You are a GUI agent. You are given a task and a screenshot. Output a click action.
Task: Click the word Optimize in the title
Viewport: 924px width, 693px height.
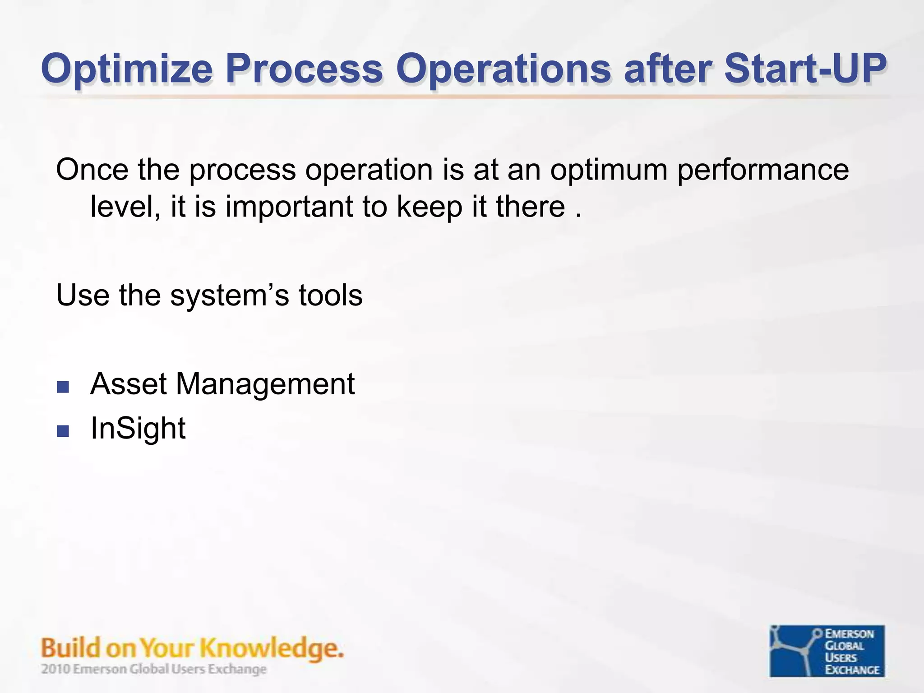[126, 69]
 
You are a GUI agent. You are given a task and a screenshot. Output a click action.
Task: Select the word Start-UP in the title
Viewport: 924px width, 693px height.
[805, 69]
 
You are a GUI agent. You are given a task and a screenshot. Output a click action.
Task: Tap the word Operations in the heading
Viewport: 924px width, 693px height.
[503, 69]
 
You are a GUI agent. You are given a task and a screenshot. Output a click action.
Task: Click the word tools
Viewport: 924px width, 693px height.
[330, 296]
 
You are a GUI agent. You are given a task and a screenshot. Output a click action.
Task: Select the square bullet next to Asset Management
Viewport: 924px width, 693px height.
[63, 387]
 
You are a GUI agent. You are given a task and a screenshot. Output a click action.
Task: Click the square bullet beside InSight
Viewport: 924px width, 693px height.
[63, 431]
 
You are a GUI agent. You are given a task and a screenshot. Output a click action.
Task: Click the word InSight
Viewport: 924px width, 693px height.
[138, 429]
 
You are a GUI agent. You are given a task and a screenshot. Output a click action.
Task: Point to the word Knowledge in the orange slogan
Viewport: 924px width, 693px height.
[271, 649]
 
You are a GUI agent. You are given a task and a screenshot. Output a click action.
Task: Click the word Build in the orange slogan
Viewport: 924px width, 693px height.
[70, 648]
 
